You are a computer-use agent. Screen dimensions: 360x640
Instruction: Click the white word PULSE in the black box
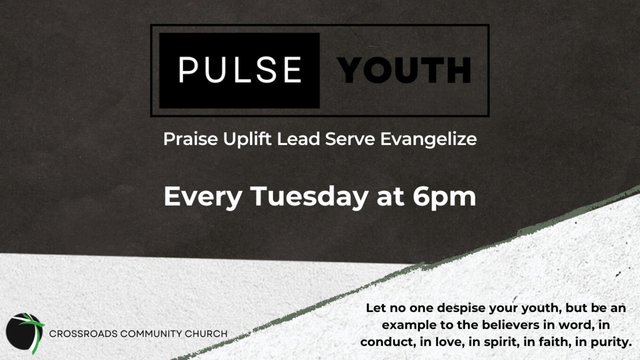(240, 70)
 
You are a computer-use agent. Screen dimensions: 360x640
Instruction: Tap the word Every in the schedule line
(203, 197)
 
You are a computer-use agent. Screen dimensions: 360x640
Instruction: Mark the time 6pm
(444, 197)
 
